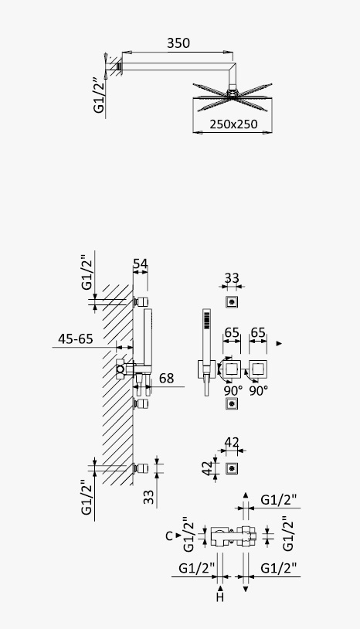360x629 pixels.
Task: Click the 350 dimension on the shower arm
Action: click(x=178, y=43)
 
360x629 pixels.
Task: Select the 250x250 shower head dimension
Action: click(x=233, y=124)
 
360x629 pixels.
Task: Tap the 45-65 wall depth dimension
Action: click(x=76, y=339)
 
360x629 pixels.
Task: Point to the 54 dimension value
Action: click(x=141, y=264)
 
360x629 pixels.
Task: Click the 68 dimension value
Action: click(x=166, y=378)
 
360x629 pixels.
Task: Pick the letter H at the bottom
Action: click(x=219, y=598)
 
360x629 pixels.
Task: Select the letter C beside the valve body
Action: click(x=168, y=536)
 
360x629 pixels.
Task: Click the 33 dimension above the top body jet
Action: click(x=232, y=278)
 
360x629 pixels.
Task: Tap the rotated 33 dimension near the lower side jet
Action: click(x=149, y=497)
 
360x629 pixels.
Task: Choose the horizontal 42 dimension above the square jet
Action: click(x=232, y=443)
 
